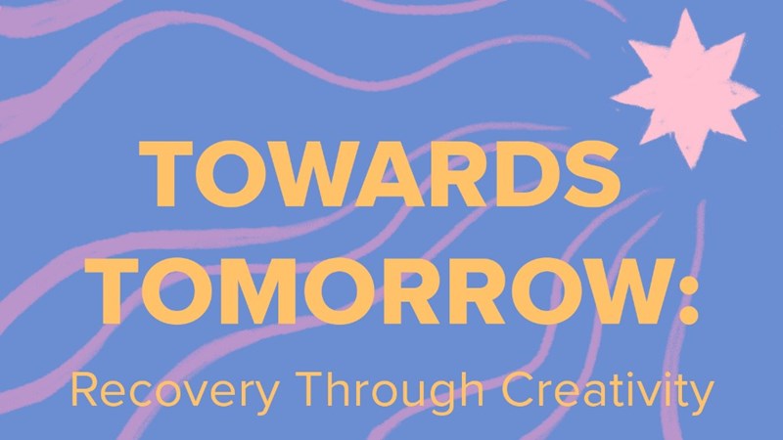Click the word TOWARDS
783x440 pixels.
(x=380, y=174)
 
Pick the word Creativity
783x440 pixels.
(x=608, y=390)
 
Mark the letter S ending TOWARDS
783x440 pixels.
(x=592, y=174)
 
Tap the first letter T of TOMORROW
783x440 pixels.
(x=112, y=290)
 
